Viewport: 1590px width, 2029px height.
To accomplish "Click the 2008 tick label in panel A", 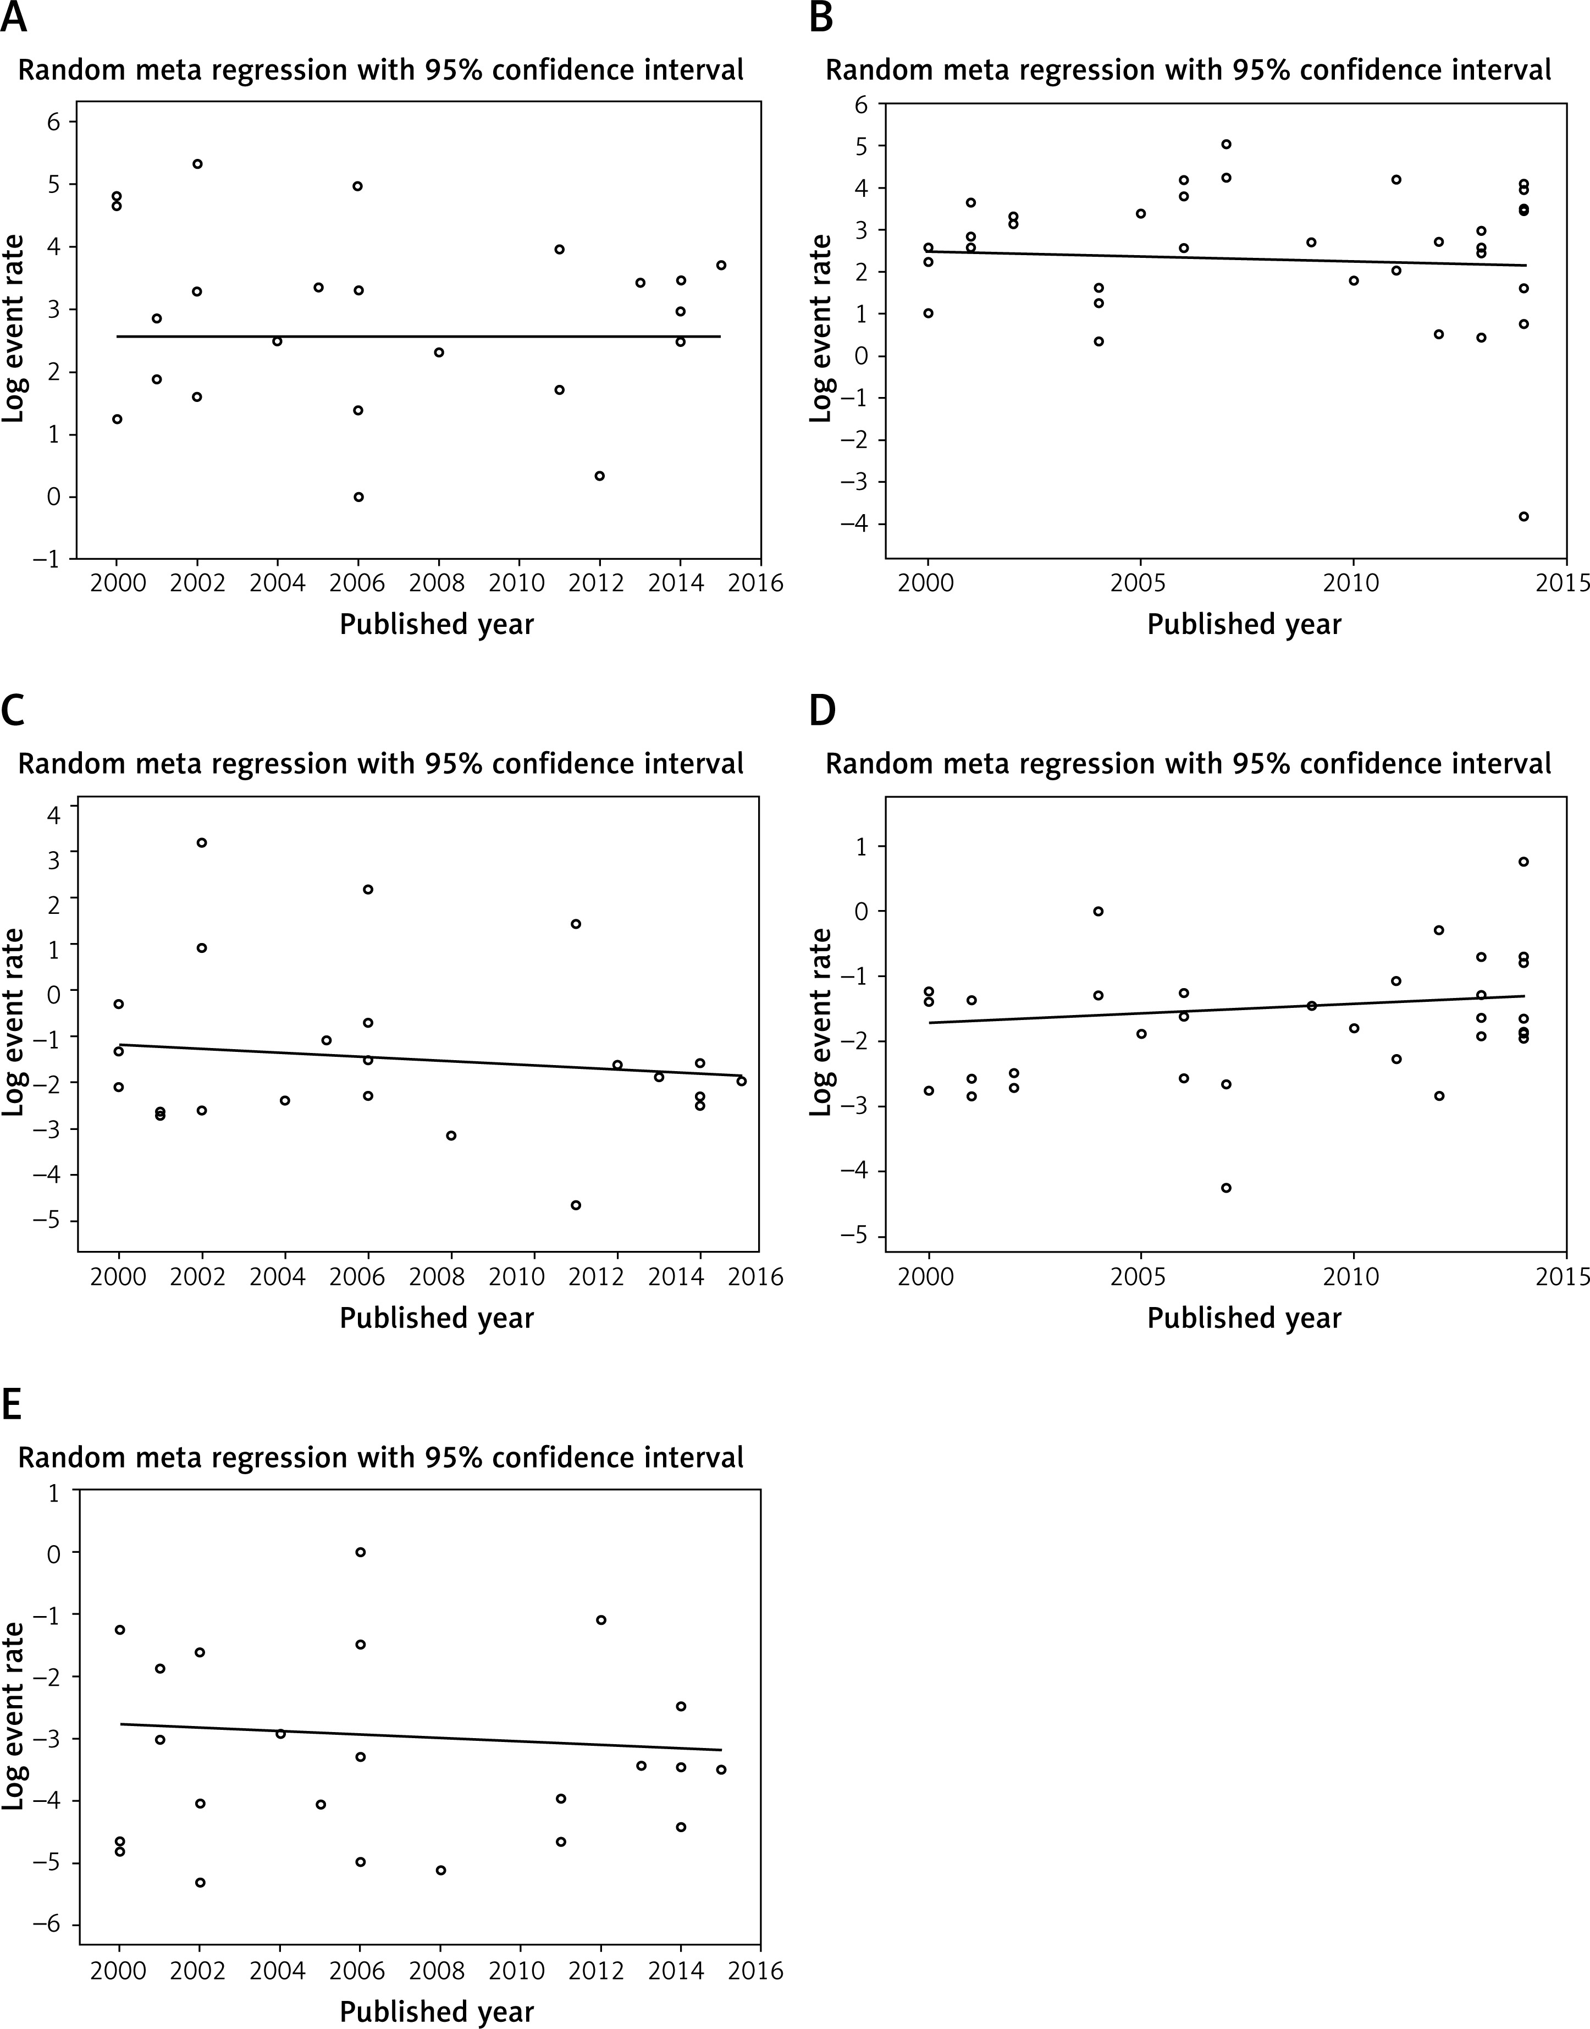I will (x=438, y=584).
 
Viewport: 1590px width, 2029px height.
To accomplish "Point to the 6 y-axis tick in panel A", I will (x=54, y=122).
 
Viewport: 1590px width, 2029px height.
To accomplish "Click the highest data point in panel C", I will (x=201, y=843).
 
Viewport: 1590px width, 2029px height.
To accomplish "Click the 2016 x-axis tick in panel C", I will (x=756, y=1277).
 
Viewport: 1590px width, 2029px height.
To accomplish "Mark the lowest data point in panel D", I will (x=1226, y=1187).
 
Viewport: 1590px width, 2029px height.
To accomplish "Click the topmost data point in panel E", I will (x=360, y=1552).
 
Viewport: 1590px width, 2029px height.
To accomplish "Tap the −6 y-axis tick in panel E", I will (x=47, y=1926).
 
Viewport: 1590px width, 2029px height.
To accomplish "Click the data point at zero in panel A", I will (x=358, y=497).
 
